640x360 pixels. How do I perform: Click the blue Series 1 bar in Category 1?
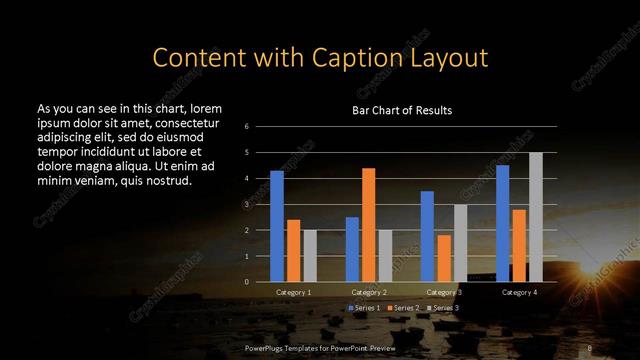(x=277, y=226)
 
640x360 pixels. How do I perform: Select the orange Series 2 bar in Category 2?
(x=369, y=225)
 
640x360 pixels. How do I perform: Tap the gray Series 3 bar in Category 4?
(x=536, y=217)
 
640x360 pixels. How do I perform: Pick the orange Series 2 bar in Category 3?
(x=444, y=258)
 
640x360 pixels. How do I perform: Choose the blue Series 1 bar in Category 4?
(x=503, y=223)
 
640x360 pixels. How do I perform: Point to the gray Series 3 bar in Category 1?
(x=310, y=256)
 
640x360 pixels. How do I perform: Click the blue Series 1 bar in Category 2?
(x=352, y=249)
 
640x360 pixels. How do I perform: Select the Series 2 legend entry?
(x=404, y=308)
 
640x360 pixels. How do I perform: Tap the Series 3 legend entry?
(x=442, y=308)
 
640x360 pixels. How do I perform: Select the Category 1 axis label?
(x=293, y=292)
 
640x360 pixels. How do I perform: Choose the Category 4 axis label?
(x=519, y=292)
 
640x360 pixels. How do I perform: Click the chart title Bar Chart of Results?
(x=402, y=110)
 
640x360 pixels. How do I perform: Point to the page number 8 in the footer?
(x=590, y=348)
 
